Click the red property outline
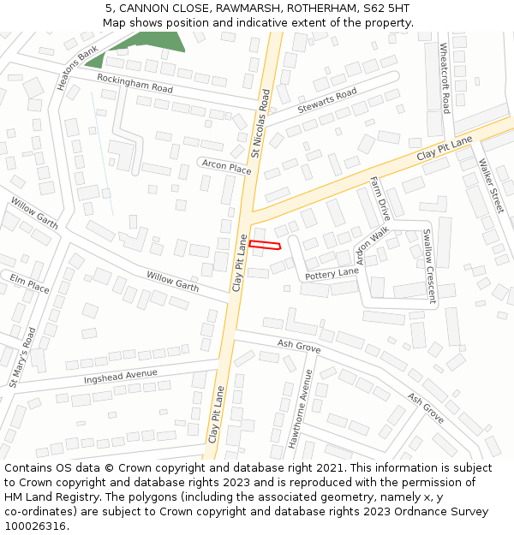coord(265,246)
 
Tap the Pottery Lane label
coord(332,273)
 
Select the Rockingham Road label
coord(134,82)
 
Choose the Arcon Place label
coord(226,166)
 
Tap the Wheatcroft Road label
coord(445,78)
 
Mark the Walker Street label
coord(492,186)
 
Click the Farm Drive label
coord(380,199)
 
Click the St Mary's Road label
coord(22,357)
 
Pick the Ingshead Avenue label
coord(121,376)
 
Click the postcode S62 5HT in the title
coord(380,9)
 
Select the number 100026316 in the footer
coord(34,526)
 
